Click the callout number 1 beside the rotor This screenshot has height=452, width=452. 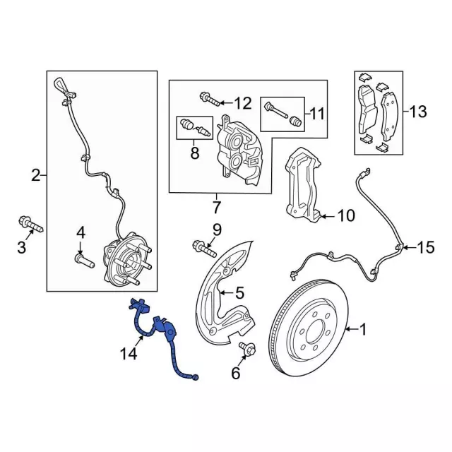coord(364,328)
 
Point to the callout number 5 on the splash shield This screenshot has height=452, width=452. coord(239,291)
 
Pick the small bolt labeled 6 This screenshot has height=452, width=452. coord(248,348)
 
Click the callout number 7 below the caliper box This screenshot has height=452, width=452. coord(215,208)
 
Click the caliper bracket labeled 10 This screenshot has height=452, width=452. coord(301,184)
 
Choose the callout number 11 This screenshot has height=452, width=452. coord(316,112)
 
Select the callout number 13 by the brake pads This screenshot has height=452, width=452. coord(417,111)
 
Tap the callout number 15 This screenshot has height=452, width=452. coord(425,247)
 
